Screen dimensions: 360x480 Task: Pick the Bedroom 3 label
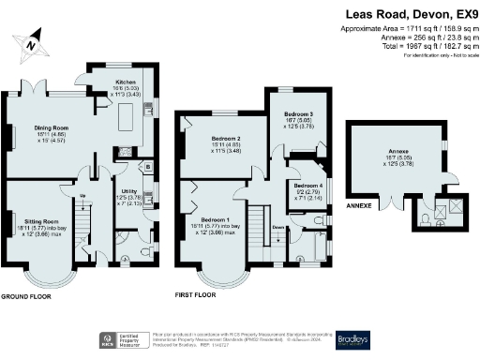[x=298, y=114]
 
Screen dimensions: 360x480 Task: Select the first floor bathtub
[x=320, y=246]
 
